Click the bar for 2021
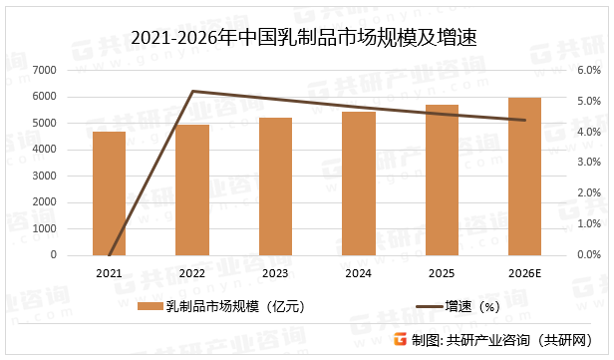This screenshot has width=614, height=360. click(x=109, y=193)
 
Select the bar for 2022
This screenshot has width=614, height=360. click(x=192, y=189)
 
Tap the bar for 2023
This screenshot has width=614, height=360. click(x=275, y=186)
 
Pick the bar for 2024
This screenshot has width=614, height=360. click(x=359, y=183)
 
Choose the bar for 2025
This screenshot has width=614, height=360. click(x=442, y=180)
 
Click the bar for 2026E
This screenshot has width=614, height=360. click(x=524, y=177)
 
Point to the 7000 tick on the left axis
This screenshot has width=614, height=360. click(x=72, y=71)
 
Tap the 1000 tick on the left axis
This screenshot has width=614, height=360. click(x=72, y=229)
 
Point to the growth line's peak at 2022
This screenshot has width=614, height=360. click(x=192, y=91)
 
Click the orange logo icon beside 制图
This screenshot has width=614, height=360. click(x=400, y=339)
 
